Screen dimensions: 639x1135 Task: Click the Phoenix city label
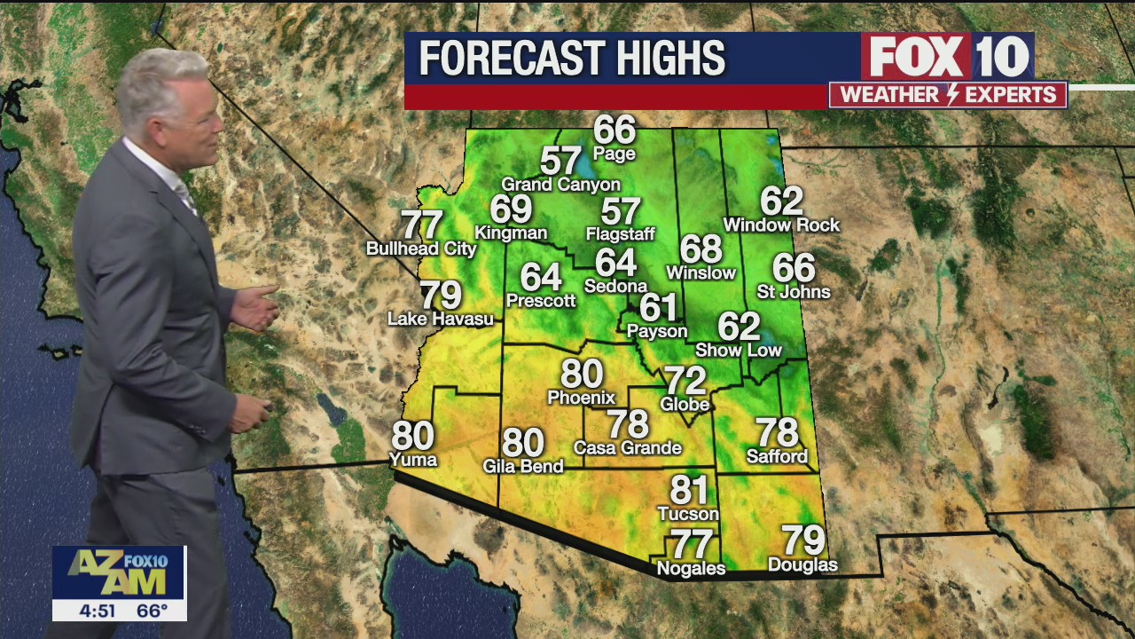click(582, 398)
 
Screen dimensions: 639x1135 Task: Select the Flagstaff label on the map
click(621, 234)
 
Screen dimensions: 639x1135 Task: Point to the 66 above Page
click(614, 130)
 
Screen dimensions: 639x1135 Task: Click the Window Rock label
click(781, 225)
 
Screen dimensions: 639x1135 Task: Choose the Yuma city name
click(413, 459)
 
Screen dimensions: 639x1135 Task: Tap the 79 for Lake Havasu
click(441, 295)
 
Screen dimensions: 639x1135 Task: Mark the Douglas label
click(802, 564)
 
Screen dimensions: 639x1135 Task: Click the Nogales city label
click(691, 568)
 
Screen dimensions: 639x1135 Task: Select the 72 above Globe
click(685, 381)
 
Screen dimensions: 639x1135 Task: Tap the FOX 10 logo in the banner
click(947, 57)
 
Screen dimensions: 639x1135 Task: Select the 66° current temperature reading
click(152, 611)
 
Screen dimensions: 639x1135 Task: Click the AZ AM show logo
click(119, 573)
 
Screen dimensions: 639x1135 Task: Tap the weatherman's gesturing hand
click(257, 307)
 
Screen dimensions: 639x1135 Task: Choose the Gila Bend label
click(523, 465)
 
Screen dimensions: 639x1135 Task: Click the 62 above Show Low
click(739, 327)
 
